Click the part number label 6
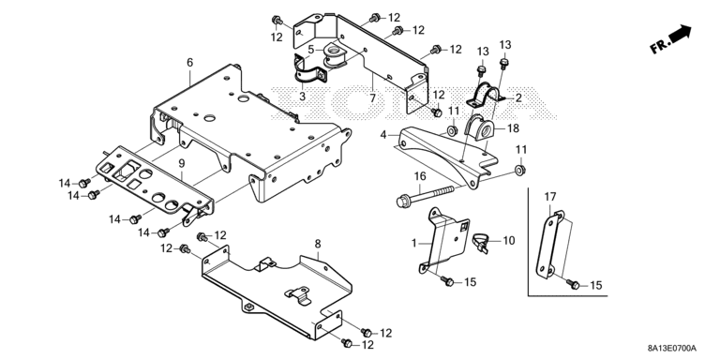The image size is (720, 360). [x=190, y=63]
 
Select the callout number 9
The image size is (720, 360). [x=181, y=163]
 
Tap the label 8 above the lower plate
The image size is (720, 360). [x=318, y=244]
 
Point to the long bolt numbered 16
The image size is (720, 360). [x=425, y=196]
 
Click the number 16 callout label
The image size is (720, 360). [x=420, y=176]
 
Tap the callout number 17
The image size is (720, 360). [x=550, y=197]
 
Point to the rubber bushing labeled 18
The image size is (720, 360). [x=480, y=127]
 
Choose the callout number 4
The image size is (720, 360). [x=383, y=135]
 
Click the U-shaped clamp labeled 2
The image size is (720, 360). [x=487, y=95]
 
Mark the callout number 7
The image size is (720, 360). [x=372, y=97]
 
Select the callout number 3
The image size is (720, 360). [x=302, y=97]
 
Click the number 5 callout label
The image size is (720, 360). [x=311, y=49]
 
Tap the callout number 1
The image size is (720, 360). [x=414, y=243]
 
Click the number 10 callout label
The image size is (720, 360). [x=509, y=240]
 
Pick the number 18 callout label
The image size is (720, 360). [x=513, y=128]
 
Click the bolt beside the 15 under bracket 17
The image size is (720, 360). [x=574, y=285]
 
